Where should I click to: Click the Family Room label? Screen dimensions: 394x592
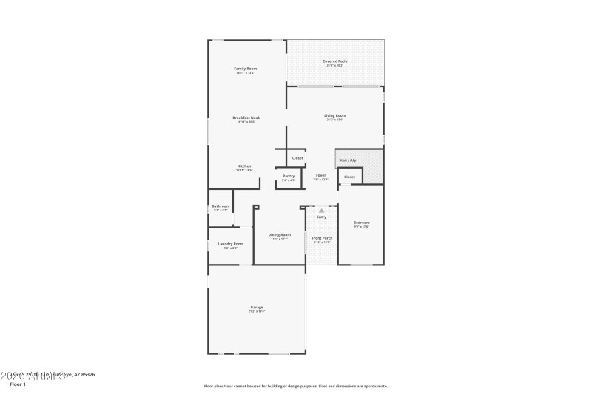(245, 69)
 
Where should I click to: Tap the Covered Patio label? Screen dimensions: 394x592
(334, 61)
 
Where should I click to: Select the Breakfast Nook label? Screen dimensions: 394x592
(246, 118)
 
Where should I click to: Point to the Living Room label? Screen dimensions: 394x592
(334, 115)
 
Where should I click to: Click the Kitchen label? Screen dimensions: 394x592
(244, 166)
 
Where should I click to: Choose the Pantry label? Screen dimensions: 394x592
(289, 176)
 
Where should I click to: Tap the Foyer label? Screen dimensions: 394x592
(320, 175)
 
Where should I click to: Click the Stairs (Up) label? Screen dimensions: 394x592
(348, 160)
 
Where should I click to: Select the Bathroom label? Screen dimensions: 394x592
(221, 206)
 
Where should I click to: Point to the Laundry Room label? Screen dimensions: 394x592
(231, 244)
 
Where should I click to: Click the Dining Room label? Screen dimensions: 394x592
(279, 235)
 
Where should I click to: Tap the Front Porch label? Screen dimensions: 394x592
(323, 238)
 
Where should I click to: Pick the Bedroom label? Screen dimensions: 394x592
(361, 223)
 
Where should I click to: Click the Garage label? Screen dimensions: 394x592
(257, 308)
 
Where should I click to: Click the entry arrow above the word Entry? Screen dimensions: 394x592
(321, 211)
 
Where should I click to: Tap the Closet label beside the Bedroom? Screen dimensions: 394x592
(349, 177)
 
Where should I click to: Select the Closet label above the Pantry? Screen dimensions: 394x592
(297, 158)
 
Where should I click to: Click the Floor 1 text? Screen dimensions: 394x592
(18, 384)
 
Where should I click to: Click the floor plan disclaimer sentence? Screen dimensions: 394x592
(295, 386)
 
